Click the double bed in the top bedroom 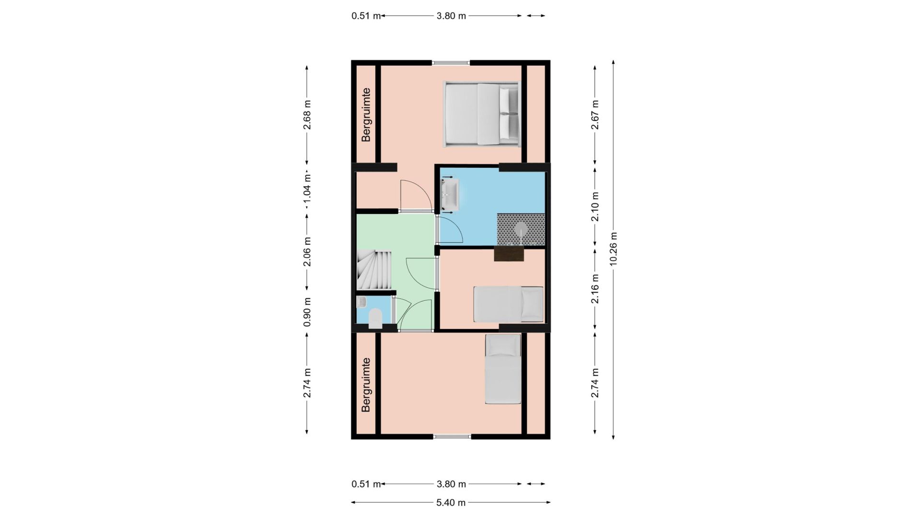click(481, 114)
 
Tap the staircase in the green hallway click(374, 270)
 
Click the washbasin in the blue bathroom click(450, 194)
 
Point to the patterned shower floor click(521, 229)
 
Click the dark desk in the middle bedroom click(509, 254)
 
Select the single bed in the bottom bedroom click(503, 369)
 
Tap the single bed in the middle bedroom click(508, 304)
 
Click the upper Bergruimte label click(366, 115)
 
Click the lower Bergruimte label click(366, 385)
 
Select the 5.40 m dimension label click(451, 503)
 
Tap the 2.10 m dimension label click(595, 206)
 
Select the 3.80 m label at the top click(451, 16)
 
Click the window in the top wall click(451, 62)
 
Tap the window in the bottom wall click(453, 436)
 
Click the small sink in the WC click(361, 302)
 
